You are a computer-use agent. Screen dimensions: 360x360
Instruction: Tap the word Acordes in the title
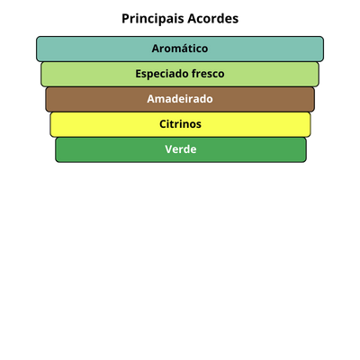[213, 19]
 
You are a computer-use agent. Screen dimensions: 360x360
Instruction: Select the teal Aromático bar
[180, 49]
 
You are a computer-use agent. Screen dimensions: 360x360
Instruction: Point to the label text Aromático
[180, 49]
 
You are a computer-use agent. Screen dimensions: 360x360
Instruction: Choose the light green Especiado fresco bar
[180, 74]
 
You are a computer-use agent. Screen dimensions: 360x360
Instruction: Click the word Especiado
[162, 74]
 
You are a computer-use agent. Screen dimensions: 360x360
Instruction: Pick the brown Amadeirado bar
[180, 99]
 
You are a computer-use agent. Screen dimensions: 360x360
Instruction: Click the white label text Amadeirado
[180, 99]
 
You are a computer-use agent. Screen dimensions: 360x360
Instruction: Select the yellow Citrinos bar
[180, 124]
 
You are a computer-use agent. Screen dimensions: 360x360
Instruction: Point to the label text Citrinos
[180, 124]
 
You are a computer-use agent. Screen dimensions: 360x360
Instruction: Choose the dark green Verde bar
[181, 149]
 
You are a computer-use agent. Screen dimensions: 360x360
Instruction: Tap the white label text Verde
[181, 149]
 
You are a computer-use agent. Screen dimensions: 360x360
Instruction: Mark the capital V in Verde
[169, 149]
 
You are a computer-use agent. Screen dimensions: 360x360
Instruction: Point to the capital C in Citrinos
[163, 124]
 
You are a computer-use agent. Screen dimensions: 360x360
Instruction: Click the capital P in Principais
[126, 19]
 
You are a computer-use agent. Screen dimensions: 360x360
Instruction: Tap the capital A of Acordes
[193, 19]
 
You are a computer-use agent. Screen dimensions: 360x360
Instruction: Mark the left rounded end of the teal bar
[37, 49]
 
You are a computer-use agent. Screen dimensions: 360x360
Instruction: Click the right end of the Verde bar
[306, 149]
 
